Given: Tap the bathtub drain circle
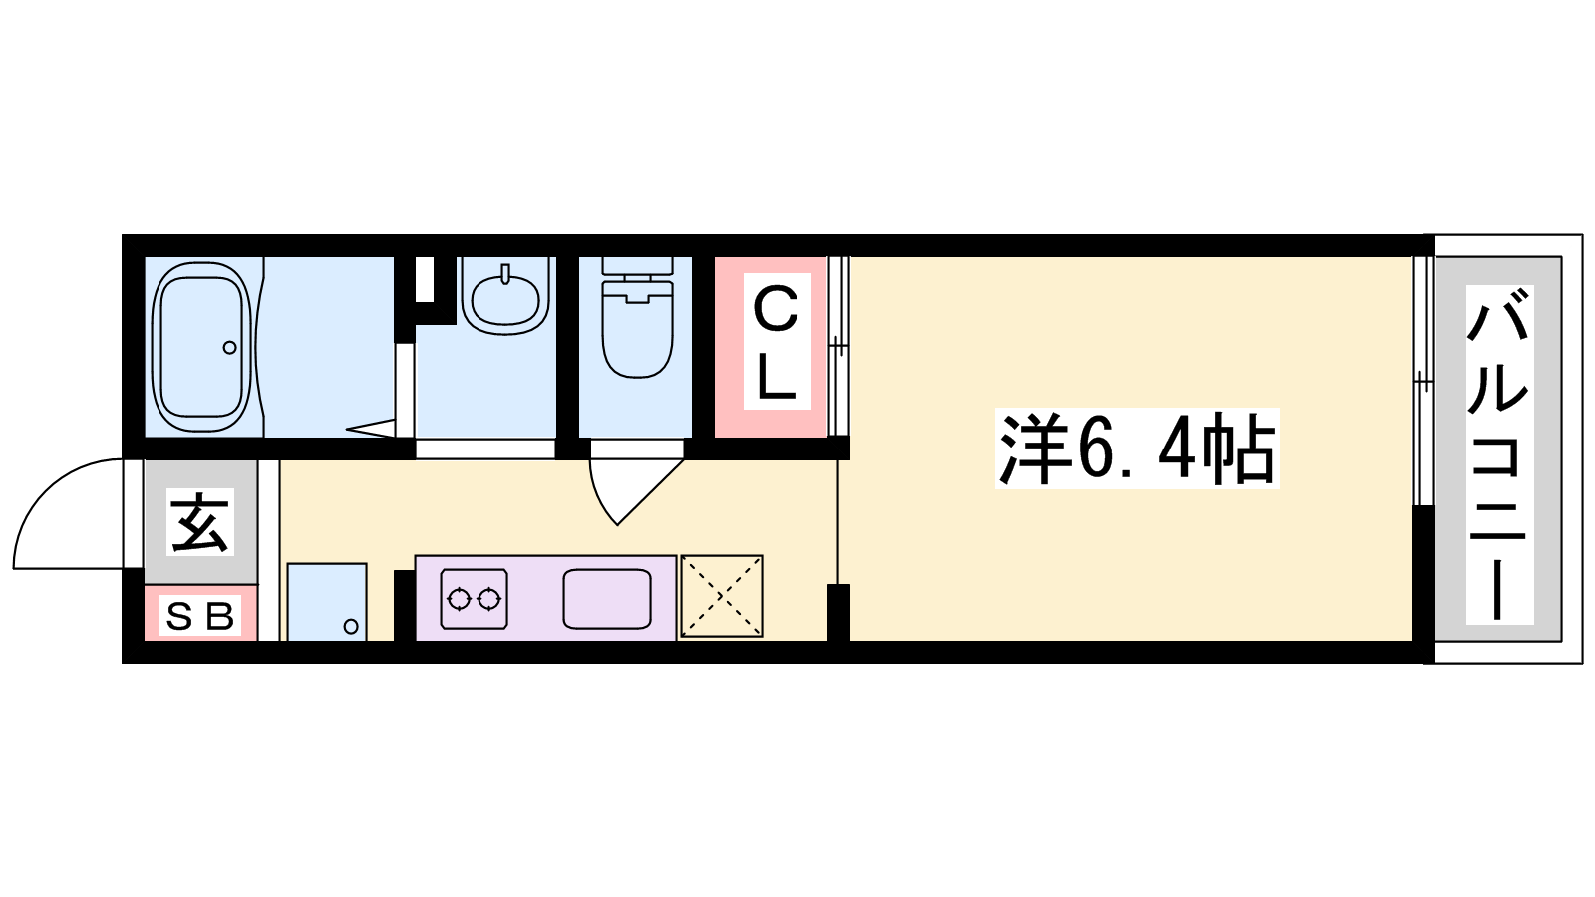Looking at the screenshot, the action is click(x=229, y=348).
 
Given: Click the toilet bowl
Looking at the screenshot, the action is click(x=637, y=329).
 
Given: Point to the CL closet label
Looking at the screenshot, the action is click(x=777, y=342).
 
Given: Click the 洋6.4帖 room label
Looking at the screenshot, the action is click(x=1136, y=448).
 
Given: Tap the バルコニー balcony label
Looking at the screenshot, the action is click(x=1499, y=454).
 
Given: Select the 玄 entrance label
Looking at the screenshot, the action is click(x=200, y=522).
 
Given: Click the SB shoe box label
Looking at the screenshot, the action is click(x=200, y=616).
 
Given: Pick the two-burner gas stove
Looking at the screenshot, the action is click(x=474, y=599).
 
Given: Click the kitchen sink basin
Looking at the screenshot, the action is click(x=607, y=599).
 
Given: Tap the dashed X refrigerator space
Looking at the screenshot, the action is click(x=722, y=596).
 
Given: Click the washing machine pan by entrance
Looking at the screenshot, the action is click(x=327, y=602).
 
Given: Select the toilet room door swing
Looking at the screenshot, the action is click(x=636, y=491).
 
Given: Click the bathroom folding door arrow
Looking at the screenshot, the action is click(x=370, y=429).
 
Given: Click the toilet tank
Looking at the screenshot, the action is click(x=637, y=266).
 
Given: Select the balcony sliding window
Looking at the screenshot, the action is click(x=1423, y=381).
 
